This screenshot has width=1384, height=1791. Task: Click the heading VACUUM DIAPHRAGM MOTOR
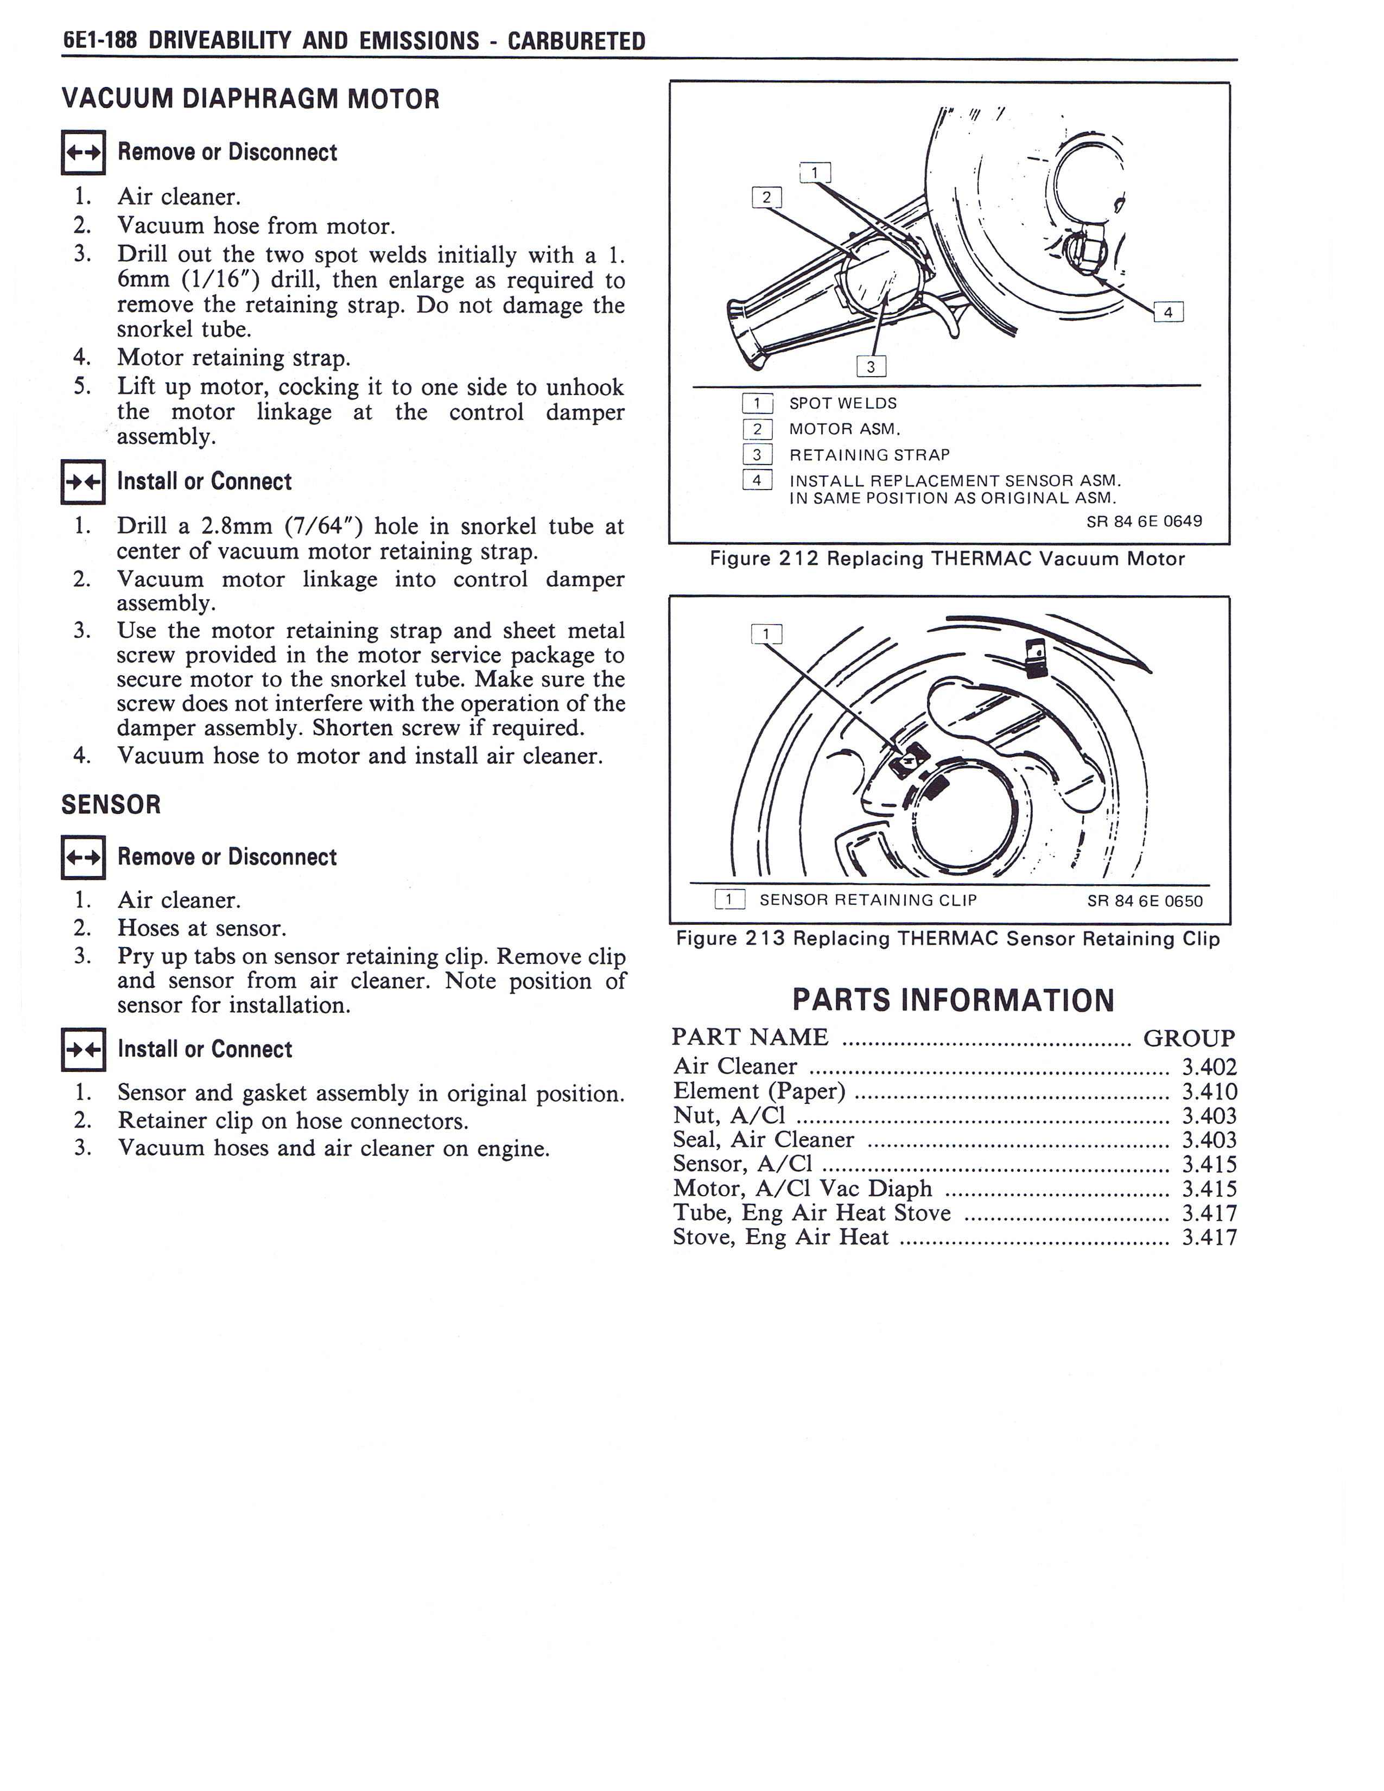pyautogui.click(x=250, y=99)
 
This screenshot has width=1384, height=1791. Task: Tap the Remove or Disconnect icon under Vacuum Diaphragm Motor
pyautogui.click(x=83, y=153)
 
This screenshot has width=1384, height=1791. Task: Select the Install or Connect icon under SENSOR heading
pyautogui.click(x=83, y=1050)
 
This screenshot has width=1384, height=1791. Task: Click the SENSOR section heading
pyautogui.click(x=111, y=804)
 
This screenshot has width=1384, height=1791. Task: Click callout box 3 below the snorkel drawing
pyautogui.click(x=871, y=366)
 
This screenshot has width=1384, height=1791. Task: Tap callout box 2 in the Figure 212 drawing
pyautogui.click(x=766, y=197)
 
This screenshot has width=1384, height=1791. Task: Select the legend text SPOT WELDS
pyautogui.click(x=843, y=403)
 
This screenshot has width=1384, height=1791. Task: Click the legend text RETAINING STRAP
pyautogui.click(x=869, y=455)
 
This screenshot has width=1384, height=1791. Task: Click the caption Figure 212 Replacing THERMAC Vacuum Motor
pyautogui.click(x=947, y=559)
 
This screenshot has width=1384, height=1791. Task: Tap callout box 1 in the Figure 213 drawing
pyautogui.click(x=766, y=634)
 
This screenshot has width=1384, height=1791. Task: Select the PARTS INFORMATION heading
pyautogui.click(x=953, y=1000)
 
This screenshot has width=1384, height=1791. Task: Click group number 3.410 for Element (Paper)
pyautogui.click(x=1209, y=1091)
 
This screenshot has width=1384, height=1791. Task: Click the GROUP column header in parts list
pyautogui.click(x=1188, y=1038)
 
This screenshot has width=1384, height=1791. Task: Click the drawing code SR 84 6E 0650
pyautogui.click(x=1145, y=901)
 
